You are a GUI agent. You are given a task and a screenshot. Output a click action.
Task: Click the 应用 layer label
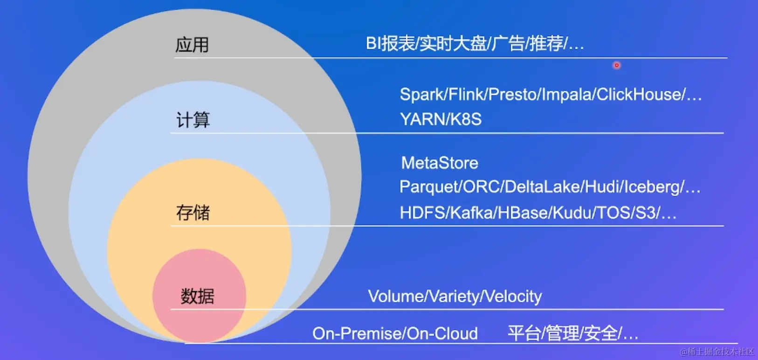coord(192,45)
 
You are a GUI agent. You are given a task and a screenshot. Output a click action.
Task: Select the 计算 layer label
coord(193,120)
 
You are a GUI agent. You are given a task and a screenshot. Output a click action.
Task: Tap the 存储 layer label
coord(193,213)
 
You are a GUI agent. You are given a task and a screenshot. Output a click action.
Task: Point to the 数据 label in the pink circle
coord(198,296)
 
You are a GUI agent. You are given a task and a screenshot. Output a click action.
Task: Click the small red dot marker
coord(617,65)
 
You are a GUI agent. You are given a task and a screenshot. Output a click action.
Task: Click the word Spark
coord(421,95)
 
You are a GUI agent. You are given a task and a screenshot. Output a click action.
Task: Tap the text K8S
coord(466,119)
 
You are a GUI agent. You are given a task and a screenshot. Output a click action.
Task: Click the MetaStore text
coord(440,163)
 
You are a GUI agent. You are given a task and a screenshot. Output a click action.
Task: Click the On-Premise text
coord(357,334)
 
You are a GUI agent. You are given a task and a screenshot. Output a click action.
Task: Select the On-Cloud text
coord(442,334)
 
